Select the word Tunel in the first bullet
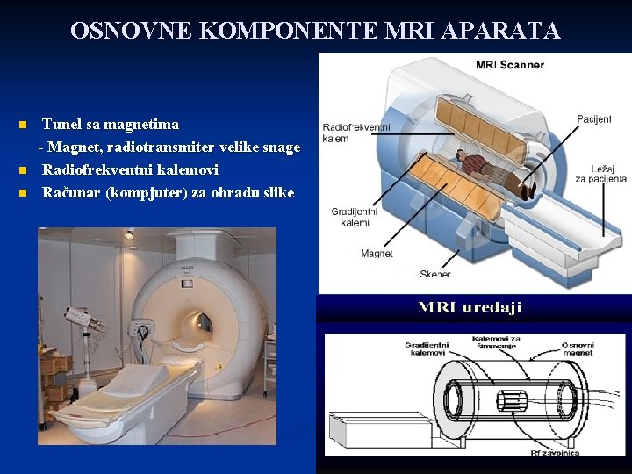point(61,125)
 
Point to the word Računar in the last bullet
point(71,192)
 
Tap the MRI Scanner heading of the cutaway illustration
point(509,64)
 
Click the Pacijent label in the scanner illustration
point(594,119)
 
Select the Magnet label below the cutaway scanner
point(377,254)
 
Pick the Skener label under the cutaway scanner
point(434,275)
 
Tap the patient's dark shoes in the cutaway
point(530,187)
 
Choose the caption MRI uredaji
point(470,307)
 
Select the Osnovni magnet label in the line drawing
point(578,348)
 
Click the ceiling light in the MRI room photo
point(129,235)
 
